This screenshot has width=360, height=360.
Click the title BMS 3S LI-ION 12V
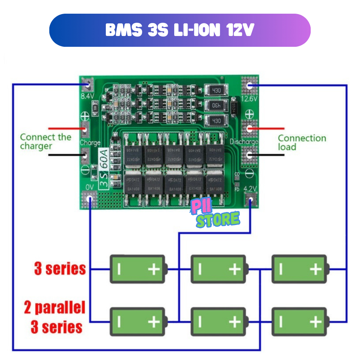(x=180, y=31)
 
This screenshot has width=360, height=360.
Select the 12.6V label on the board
(x=249, y=99)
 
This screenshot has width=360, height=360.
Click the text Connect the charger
(x=45, y=141)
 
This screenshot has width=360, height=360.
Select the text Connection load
(x=302, y=143)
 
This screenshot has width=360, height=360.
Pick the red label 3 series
(x=60, y=269)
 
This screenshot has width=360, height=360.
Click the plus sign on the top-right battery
(x=315, y=269)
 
